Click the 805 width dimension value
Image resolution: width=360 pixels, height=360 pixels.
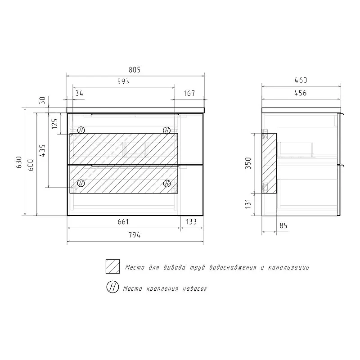(x=134, y=70)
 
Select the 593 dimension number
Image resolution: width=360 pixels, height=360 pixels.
(x=123, y=81)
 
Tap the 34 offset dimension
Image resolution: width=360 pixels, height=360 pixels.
(x=80, y=94)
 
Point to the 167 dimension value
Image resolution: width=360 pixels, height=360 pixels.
(x=189, y=94)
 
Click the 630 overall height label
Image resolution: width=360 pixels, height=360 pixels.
(x=19, y=162)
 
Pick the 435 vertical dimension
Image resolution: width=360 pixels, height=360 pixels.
(x=43, y=150)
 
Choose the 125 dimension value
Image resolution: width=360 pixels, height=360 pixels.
(x=54, y=123)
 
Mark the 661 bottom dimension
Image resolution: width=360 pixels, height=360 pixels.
(x=123, y=221)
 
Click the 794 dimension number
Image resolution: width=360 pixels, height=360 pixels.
(x=134, y=235)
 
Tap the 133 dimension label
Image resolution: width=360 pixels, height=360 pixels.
(x=191, y=221)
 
